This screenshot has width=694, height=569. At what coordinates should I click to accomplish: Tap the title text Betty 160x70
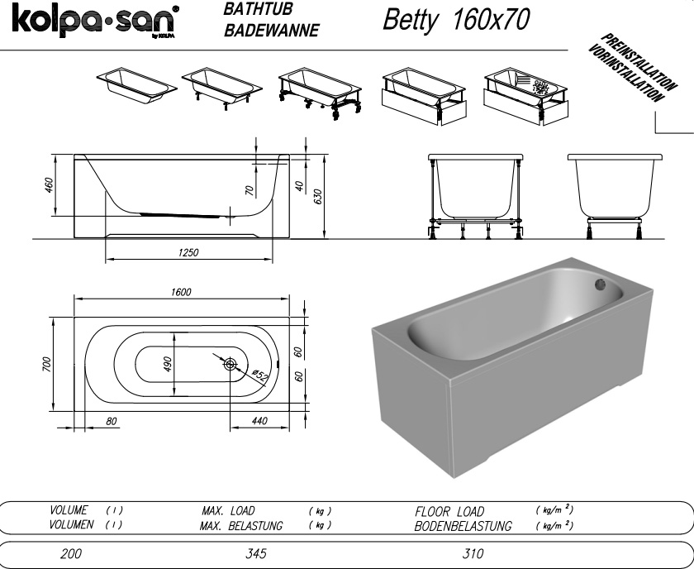(456, 20)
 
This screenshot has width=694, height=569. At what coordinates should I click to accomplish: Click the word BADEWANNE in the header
(271, 30)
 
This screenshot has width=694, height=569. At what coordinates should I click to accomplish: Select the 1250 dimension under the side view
(188, 252)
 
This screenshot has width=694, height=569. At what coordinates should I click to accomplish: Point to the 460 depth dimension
(48, 184)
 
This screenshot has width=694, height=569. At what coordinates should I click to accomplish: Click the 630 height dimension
(317, 197)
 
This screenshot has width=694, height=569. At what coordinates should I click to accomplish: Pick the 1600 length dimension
(181, 292)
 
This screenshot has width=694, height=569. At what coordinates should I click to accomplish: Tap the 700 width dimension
(47, 364)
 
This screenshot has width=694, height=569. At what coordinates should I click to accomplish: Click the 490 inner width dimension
(167, 364)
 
